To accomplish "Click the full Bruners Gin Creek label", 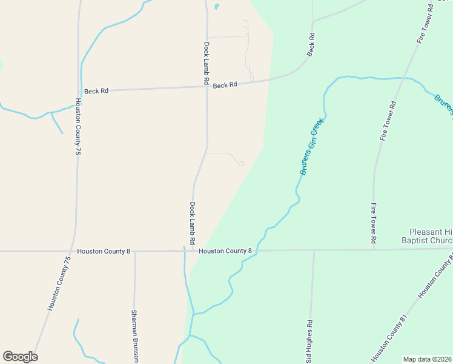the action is coord(312,147).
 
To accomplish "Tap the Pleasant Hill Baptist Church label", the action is coord(431,236).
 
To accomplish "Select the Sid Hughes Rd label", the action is coord(309,340).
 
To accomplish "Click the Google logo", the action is coord(20,357).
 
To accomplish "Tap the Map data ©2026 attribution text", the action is coord(427,359).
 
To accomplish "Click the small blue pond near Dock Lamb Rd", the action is coord(216,7).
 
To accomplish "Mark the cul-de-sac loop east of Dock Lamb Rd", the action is coord(240,163).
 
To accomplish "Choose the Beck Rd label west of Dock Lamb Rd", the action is coord(96,91).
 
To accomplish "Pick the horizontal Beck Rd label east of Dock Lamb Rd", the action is coord(225,86).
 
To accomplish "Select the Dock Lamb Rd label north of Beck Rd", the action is coord(207,62).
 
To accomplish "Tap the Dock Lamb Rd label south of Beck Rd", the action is coord(192,220).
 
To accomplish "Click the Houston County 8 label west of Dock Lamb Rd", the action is coord(104,251).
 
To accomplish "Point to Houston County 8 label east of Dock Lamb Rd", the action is coord(225,251).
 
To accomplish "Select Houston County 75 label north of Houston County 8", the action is coord(78,128).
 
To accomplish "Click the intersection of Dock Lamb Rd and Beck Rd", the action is coord(207,87).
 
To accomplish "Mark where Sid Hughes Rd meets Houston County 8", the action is coord(314,250).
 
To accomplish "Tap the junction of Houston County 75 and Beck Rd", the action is coord(79,91).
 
